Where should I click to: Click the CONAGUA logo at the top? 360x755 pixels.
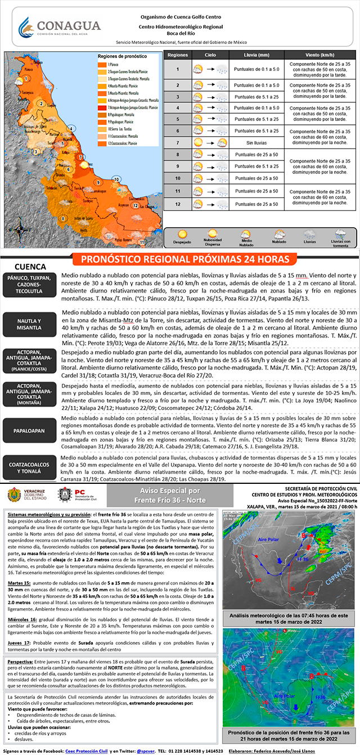(x=59, y=26)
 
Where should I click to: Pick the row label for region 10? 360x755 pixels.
(x=178, y=178)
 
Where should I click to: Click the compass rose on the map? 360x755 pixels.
(x=20, y=230)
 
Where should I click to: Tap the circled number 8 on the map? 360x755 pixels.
(x=65, y=219)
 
